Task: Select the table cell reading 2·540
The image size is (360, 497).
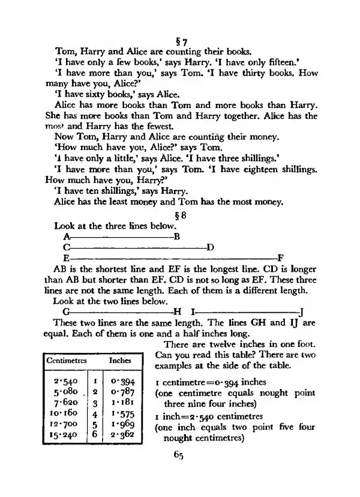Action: point(64,381)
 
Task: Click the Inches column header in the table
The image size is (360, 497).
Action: point(119,361)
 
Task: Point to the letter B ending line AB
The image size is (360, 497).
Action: point(176,237)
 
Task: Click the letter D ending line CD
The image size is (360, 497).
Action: point(210,247)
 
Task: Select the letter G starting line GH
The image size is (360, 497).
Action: point(66,312)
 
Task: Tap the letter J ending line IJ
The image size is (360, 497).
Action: point(301,312)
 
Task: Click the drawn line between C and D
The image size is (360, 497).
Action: point(138,247)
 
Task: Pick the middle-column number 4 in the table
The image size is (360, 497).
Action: point(94,414)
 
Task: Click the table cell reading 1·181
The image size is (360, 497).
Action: point(124,403)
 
